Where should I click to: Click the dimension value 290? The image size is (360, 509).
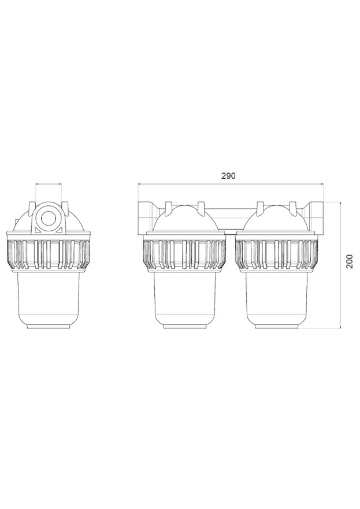[228, 176]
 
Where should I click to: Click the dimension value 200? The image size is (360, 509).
[349, 261]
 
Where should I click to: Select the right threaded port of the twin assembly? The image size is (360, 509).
[314, 216]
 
